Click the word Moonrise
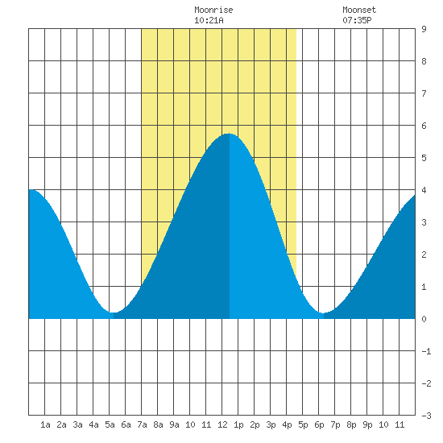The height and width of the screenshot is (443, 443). [213, 10]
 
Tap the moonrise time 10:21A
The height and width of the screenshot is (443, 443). [209, 20]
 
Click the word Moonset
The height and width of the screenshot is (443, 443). [359, 10]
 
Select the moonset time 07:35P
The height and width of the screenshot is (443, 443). [357, 20]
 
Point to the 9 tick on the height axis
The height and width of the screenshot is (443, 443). [424, 29]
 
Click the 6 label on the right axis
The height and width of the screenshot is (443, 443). [424, 126]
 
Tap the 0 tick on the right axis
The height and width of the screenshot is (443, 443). [424, 319]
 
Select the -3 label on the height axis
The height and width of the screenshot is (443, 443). [426, 416]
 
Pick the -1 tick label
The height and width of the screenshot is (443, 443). [426, 351]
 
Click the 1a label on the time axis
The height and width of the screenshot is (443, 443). [45, 424]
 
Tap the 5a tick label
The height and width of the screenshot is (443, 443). [110, 424]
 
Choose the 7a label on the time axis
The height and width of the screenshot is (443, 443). [142, 424]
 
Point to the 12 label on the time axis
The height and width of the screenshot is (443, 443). [222, 424]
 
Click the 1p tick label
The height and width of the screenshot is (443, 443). [238, 424]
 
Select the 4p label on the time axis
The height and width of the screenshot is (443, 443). [287, 424]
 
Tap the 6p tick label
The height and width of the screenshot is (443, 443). [319, 424]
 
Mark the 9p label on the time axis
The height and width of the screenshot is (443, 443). [367, 424]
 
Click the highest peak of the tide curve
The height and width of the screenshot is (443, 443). [229, 134]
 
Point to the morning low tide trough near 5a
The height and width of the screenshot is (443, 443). [113, 313]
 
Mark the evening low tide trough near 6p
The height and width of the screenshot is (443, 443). [323, 313]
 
